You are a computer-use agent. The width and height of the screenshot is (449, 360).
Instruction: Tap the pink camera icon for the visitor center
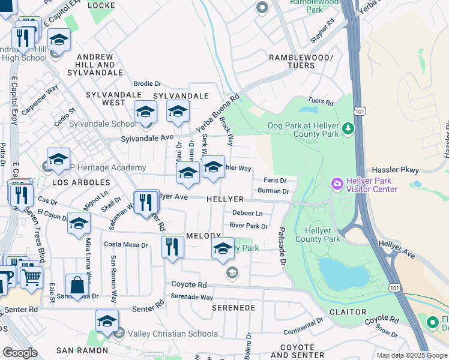(337, 182)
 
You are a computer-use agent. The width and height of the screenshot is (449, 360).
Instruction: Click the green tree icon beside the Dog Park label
(348, 128)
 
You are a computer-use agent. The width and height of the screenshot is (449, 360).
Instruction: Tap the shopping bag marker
(77, 284)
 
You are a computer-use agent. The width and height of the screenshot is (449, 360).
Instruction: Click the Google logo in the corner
(20, 353)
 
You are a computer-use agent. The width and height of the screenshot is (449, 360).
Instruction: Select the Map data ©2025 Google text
(411, 355)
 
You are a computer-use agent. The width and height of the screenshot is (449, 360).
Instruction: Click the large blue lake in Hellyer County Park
(344, 272)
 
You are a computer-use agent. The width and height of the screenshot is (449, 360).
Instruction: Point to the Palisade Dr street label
(281, 245)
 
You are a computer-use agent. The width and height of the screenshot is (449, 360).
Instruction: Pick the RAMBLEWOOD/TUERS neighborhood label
(300, 61)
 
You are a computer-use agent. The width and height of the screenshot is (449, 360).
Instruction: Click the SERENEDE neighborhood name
(234, 307)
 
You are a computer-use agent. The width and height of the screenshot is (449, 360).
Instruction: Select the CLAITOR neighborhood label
(348, 312)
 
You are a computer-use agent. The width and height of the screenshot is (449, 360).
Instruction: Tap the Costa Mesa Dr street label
(126, 245)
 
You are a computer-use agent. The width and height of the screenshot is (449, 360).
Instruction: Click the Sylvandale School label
(111, 124)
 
